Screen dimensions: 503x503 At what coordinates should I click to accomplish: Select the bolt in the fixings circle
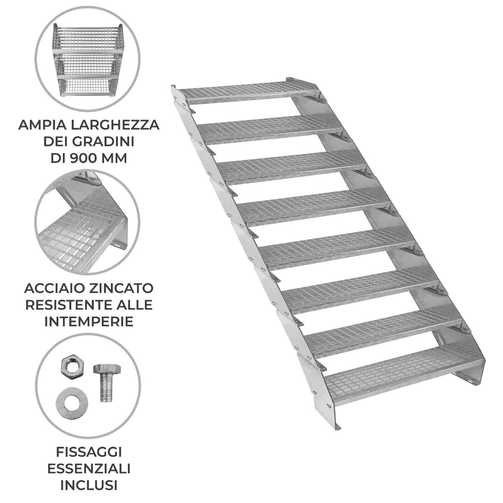(x=103, y=381)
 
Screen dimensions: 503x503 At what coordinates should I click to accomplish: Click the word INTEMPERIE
(x=88, y=321)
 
